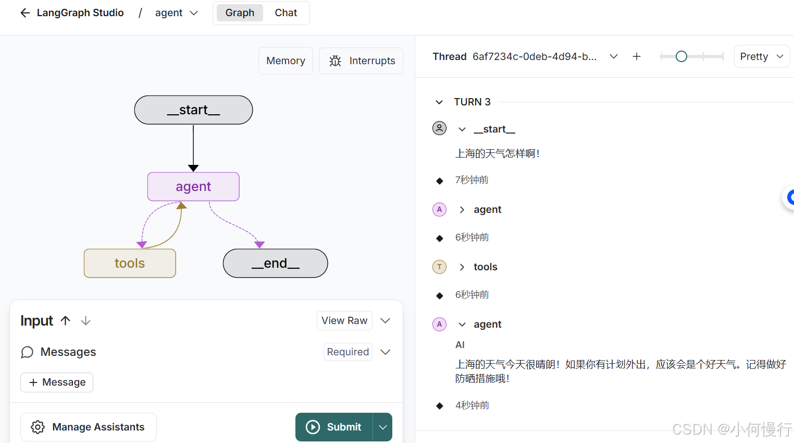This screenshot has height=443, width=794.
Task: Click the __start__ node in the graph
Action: [193, 110]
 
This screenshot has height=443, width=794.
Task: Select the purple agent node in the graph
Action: [193, 187]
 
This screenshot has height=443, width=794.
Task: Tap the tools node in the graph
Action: [130, 264]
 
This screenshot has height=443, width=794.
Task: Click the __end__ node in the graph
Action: [275, 264]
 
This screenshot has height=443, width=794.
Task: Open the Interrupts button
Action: [361, 61]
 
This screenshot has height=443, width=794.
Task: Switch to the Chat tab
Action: [286, 13]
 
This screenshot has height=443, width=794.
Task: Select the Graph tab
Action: [240, 13]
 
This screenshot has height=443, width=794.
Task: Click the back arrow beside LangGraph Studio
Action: [25, 13]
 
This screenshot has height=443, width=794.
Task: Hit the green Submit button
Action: [334, 427]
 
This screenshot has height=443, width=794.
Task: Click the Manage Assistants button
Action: [89, 427]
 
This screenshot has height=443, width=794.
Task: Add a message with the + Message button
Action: [57, 382]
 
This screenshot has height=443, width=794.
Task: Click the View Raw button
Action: [344, 321]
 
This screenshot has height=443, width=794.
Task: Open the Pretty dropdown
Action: [762, 56]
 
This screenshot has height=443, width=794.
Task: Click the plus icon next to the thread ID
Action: [637, 56]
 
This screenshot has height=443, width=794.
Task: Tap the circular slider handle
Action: [681, 56]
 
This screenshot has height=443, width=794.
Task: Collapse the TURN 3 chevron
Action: [439, 102]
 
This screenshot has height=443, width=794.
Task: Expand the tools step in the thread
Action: [462, 267]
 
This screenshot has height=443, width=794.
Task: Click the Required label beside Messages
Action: [348, 352]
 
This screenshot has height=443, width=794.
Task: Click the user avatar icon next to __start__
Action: [440, 128]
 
